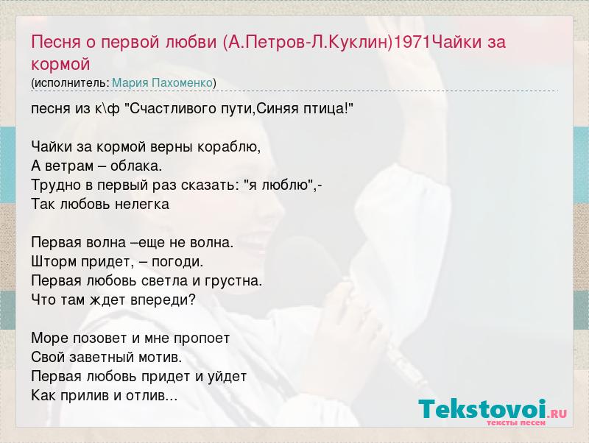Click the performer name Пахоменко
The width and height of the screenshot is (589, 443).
(182, 82)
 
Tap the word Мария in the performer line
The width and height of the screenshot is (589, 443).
(130, 82)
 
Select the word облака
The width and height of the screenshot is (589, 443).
(136, 166)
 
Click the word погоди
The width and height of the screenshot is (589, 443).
(177, 262)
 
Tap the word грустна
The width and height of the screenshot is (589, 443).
(233, 281)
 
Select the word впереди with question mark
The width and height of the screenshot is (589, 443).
(163, 300)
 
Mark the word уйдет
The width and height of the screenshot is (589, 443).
(228, 377)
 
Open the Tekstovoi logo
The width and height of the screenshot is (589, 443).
(493, 409)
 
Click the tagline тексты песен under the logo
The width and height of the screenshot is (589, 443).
(516, 423)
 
